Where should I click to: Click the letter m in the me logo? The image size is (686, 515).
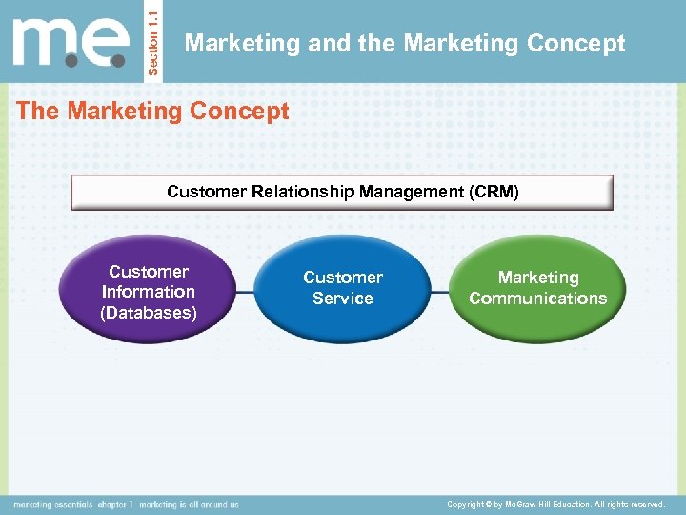pos(48,43)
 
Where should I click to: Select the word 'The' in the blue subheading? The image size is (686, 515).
pos(37,112)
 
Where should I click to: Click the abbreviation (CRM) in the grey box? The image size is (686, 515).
pos(494,192)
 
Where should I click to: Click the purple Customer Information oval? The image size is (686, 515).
pos(149,290)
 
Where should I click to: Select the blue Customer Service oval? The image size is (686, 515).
pos(343,288)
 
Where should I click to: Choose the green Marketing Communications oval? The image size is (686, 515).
pos(537,288)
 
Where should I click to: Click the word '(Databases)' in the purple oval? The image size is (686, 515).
pos(149,313)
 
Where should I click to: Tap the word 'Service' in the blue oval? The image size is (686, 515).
pos(343,299)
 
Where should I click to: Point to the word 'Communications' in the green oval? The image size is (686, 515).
pos(537,299)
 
